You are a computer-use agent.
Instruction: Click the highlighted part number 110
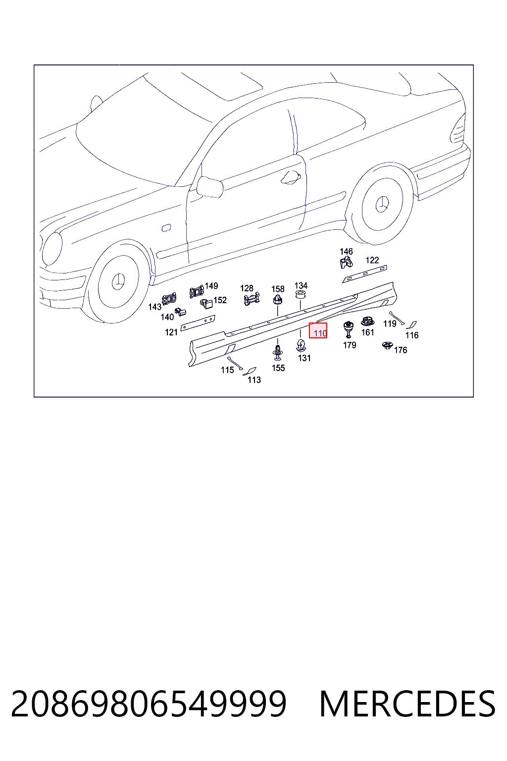coord(320,333)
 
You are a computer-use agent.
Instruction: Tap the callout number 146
coord(346,251)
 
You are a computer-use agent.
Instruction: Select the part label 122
coord(372,260)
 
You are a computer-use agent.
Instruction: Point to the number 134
coord(301,285)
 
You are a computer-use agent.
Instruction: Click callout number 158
coord(278,289)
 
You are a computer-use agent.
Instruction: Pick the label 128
coord(247,288)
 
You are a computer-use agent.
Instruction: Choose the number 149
coord(211,286)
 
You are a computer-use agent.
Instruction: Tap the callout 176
coord(401,350)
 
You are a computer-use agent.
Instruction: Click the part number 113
coord(254,380)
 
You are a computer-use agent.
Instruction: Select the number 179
coord(350,345)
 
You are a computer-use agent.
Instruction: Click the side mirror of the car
coord(210,187)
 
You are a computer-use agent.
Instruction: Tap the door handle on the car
coord(291,177)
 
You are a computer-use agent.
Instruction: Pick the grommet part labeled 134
coord(300,295)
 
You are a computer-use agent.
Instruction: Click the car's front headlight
coord(52,248)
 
